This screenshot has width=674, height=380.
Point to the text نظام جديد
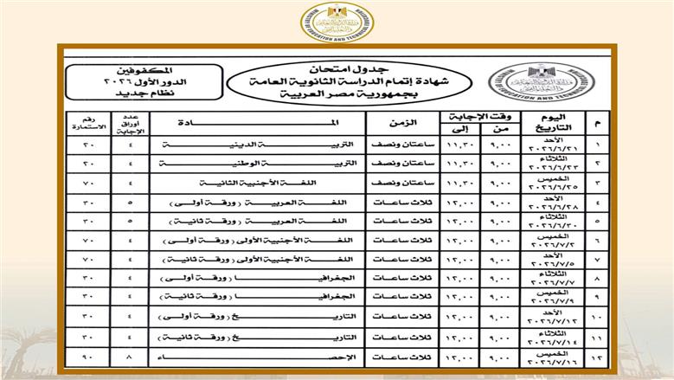(128, 92)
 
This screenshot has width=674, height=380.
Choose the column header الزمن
(394, 122)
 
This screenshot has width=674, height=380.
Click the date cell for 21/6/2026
(557, 144)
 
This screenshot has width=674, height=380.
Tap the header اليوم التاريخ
(557, 122)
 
